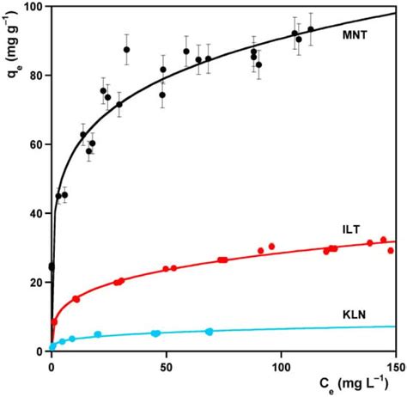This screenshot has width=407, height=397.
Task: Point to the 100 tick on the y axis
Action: tap(33, 7)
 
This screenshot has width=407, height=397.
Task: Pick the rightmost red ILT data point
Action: tap(391, 251)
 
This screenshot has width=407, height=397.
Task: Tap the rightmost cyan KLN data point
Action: tap(210, 331)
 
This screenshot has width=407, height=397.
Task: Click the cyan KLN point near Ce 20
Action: tap(98, 334)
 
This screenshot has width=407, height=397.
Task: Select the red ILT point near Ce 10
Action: tap(76, 299)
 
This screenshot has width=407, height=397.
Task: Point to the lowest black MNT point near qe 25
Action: tap(52, 266)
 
